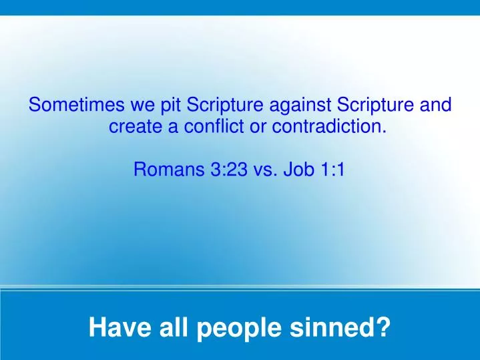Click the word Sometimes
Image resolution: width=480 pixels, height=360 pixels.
click(x=73, y=106)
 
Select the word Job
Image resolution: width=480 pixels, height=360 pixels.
click(x=297, y=169)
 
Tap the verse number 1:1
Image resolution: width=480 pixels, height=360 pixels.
click(x=330, y=169)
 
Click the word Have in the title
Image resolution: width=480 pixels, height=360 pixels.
click(x=114, y=327)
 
